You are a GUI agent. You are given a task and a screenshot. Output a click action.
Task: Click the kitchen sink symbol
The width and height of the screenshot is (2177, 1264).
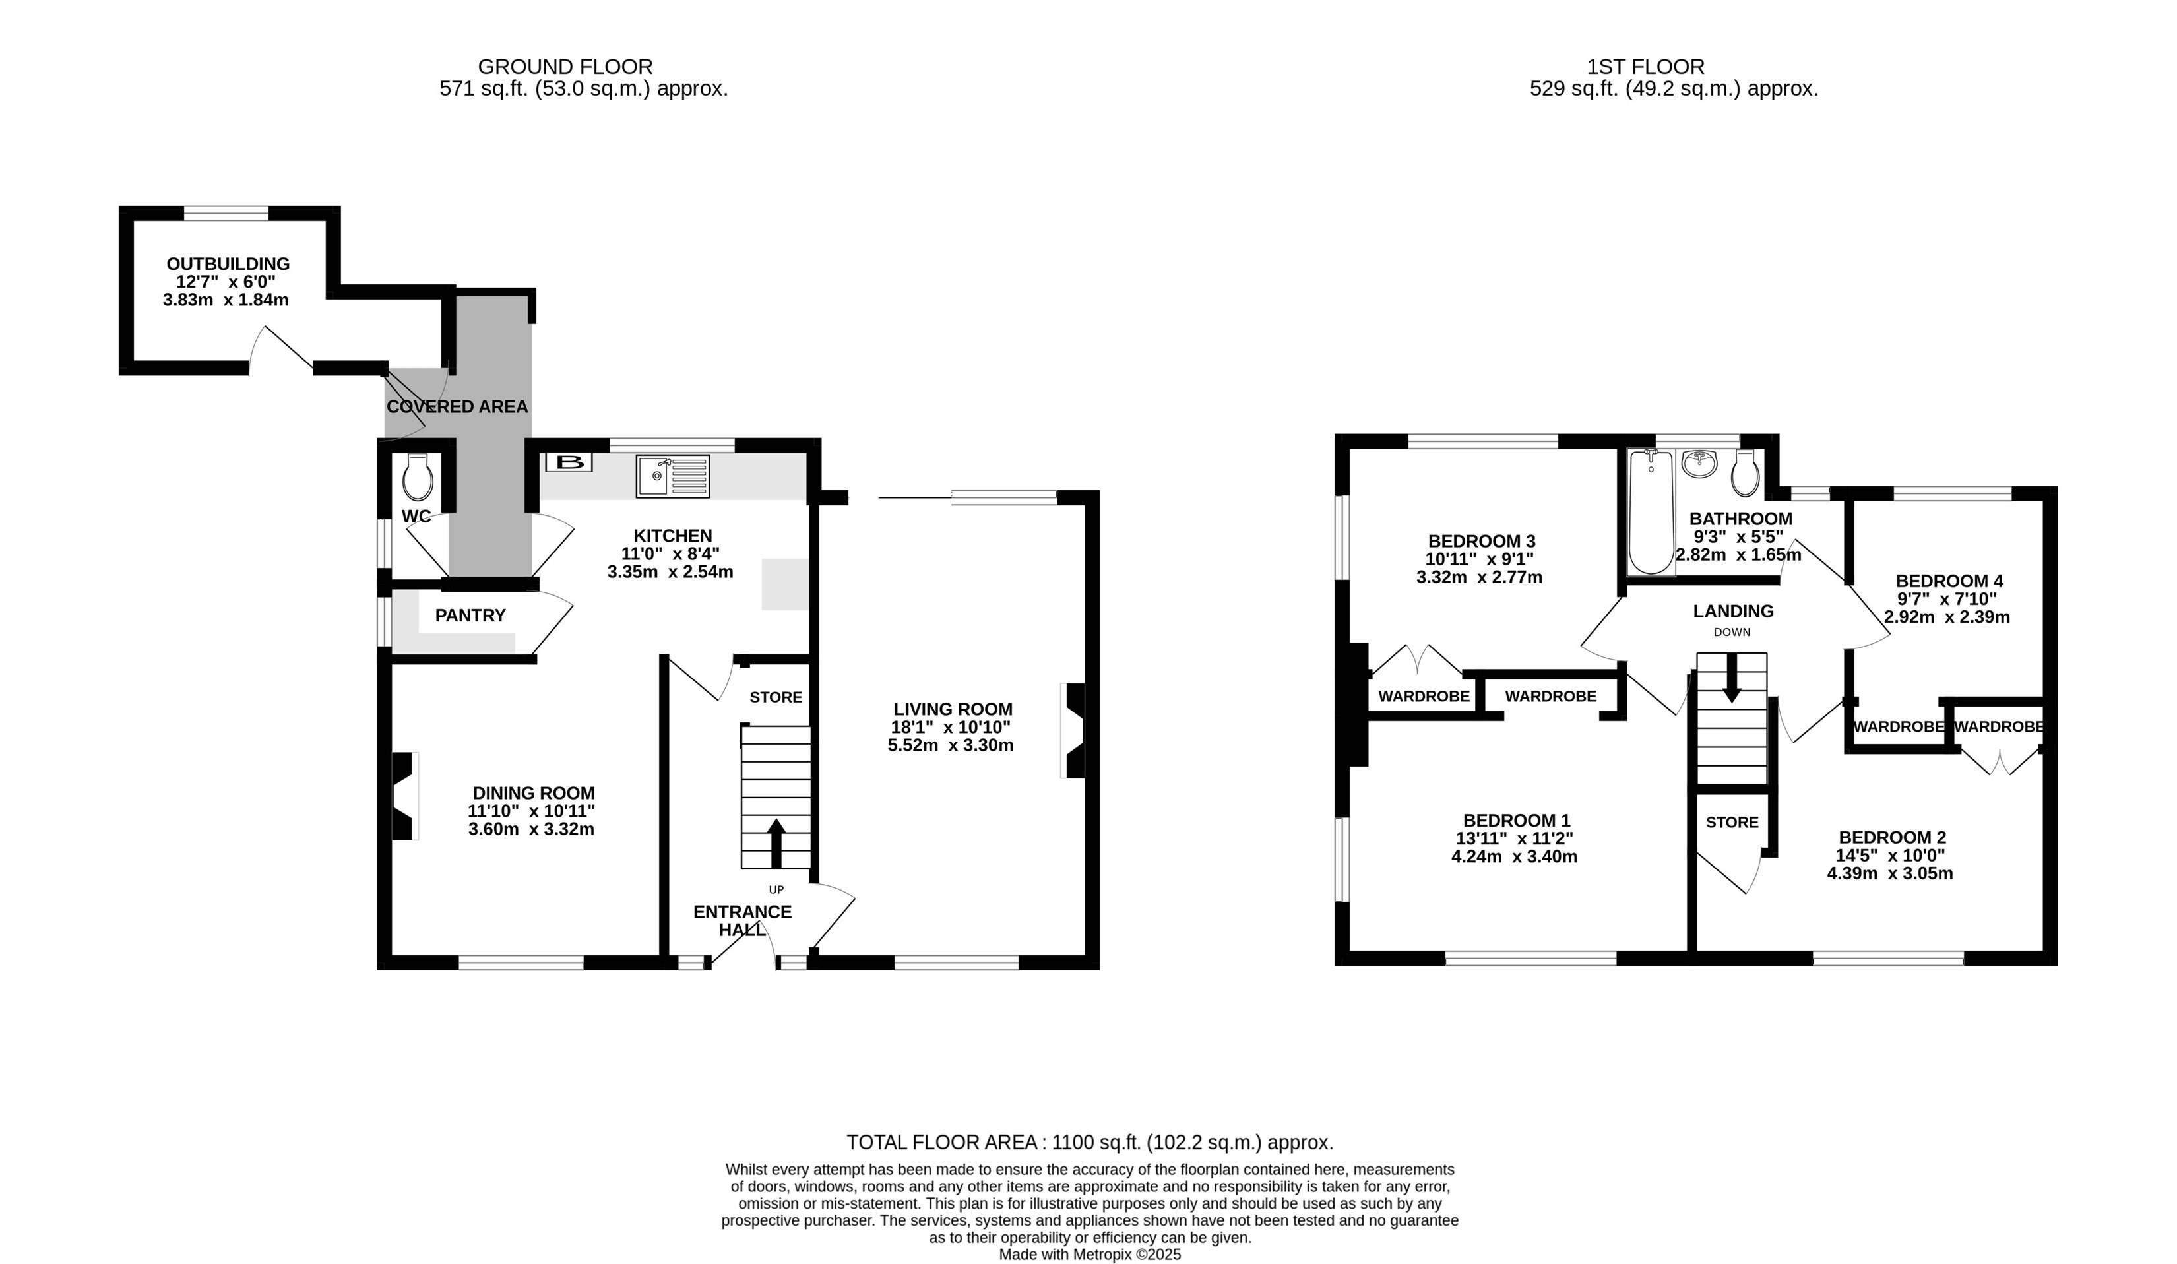click(x=673, y=476)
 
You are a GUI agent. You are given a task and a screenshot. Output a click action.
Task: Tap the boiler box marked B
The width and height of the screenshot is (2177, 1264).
click(x=569, y=462)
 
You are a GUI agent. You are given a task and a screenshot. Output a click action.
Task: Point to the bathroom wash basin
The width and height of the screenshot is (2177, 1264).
click(x=1700, y=463)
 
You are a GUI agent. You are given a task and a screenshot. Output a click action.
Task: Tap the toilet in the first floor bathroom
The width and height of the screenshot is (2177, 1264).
click(x=1745, y=472)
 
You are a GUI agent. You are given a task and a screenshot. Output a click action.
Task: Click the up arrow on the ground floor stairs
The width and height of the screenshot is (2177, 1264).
click(x=776, y=842)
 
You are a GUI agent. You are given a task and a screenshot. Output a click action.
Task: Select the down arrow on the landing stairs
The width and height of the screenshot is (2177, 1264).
click(x=1731, y=678)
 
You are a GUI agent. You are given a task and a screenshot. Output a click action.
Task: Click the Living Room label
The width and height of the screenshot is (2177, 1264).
click(x=953, y=709)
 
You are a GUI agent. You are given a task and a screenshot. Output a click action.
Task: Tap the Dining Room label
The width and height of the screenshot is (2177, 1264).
click(x=533, y=793)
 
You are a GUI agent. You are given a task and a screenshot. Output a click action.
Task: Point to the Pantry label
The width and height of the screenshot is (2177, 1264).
click(x=470, y=615)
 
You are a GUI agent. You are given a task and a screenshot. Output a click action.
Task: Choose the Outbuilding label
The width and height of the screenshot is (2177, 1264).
click(x=228, y=263)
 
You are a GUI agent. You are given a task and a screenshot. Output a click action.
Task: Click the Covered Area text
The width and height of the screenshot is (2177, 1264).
click(x=457, y=407)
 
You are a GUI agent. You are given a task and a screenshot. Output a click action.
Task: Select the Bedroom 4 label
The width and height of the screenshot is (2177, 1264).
click(x=1949, y=581)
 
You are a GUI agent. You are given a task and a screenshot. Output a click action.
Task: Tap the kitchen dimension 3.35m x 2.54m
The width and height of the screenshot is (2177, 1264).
click(x=670, y=572)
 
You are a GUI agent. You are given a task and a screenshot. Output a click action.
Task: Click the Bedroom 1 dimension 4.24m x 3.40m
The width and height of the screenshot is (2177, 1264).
click(x=1515, y=857)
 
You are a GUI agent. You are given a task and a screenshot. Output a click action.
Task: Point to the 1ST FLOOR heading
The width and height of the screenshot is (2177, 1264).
click(x=1646, y=67)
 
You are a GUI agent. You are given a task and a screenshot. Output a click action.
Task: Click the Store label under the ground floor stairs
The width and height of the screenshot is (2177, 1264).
click(x=776, y=697)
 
